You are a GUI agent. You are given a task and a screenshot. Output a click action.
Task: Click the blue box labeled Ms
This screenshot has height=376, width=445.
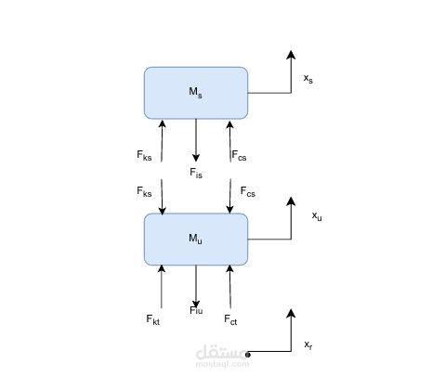click(x=195, y=93)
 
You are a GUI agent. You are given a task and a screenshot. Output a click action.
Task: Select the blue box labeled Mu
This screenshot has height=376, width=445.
click(x=195, y=239)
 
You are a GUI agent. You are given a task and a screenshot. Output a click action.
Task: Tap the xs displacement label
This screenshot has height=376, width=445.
click(x=308, y=80)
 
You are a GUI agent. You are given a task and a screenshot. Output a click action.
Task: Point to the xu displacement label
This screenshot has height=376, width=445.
click(x=317, y=215)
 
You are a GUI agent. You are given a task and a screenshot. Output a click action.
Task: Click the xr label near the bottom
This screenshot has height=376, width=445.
click(x=308, y=345)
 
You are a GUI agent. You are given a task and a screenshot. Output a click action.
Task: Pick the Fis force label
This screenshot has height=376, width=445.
click(x=196, y=173)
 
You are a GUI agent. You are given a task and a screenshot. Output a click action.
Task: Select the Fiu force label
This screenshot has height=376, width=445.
click(x=196, y=310)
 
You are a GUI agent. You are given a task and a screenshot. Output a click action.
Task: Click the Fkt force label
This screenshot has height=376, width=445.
click(x=152, y=319)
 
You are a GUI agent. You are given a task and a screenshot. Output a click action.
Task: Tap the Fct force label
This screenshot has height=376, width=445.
click(x=230, y=319)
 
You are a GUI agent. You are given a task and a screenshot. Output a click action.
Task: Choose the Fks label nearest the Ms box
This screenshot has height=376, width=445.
click(x=144, y=156)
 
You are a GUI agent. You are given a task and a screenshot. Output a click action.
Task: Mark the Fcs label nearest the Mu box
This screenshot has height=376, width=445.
click(x=248, y=192)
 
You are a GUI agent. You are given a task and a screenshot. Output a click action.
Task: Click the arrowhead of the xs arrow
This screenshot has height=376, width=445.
click(x=291, y=55)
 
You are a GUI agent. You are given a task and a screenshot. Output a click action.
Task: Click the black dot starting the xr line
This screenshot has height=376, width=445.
click(x=247, y=354)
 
